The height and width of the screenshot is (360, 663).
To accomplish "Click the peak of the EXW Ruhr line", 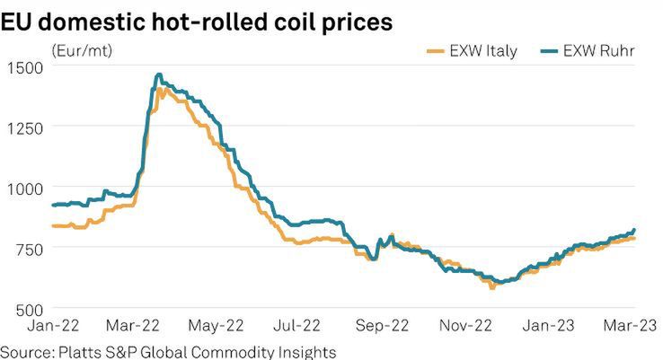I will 159,75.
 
